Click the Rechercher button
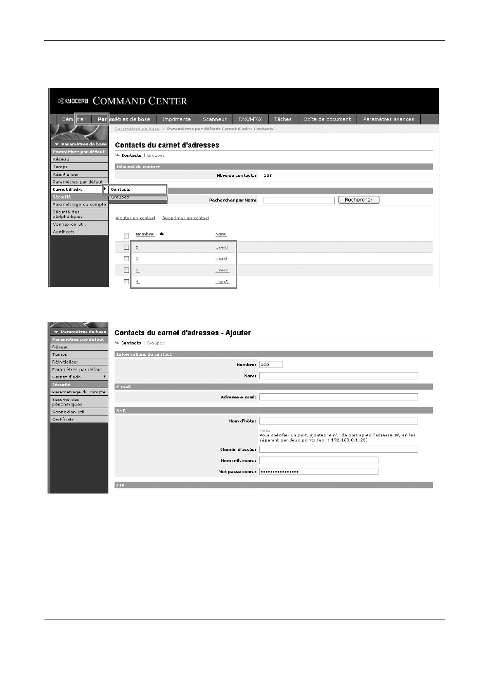coord(359,200)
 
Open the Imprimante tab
coord(176,119)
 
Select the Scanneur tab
coord(215,119)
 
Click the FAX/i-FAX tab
coord(250,119)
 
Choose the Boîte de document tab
coord(327,119)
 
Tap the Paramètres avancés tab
coord(388,119)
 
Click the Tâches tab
coord(282,119)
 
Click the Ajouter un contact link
coord(135,218)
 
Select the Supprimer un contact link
coord(185,218)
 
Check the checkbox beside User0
coord(126,247)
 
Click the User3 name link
coord(221,282)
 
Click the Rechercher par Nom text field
coord(298,200)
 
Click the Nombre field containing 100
coord(271,364)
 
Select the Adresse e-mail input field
coord(338,397)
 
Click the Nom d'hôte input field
coord(338,421)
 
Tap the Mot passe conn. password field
coord(318,471)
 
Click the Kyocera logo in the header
coord(73,101)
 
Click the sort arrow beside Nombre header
coord(161,234)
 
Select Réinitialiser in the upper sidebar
coord(66,174)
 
